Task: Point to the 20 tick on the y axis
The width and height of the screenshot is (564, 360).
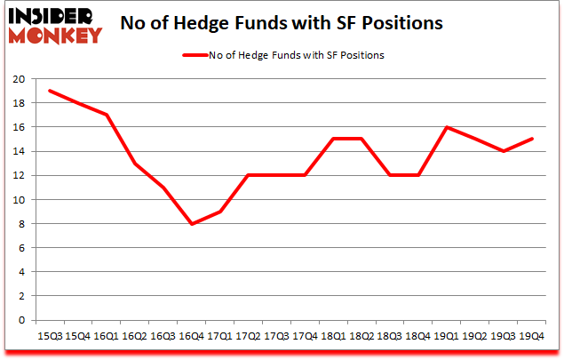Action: [18, 79]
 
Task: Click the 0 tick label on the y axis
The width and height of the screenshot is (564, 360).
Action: [20, 321]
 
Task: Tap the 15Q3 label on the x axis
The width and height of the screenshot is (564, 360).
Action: [50, 336]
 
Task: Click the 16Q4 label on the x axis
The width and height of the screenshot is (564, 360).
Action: [190, 336]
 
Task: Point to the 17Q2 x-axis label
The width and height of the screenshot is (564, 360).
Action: [247, 336]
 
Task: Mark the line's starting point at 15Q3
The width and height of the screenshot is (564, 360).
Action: [50, 91]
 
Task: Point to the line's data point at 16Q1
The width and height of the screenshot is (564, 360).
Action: [106, 115]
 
